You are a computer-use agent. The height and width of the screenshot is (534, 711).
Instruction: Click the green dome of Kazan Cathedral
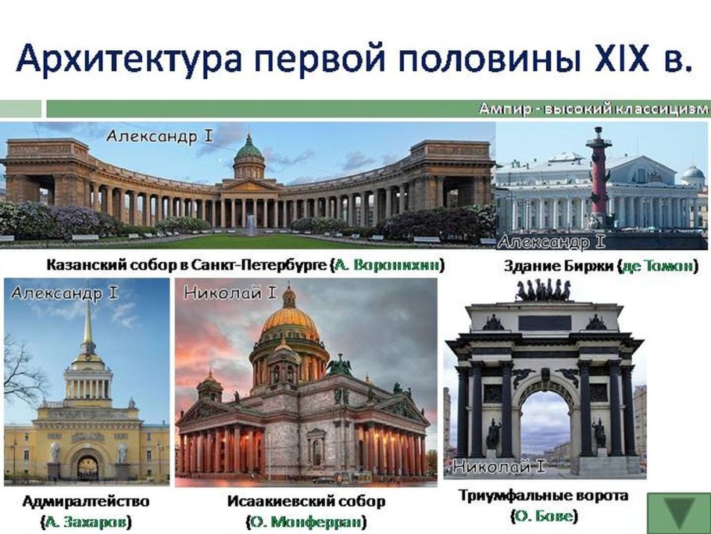tap(249, 148)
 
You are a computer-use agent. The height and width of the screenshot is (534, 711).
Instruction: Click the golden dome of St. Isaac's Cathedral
tap(290, 319)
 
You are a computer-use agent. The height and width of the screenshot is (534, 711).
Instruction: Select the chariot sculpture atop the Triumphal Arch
tap(543, 290)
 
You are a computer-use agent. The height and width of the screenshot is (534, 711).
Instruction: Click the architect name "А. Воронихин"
tap(388, 265)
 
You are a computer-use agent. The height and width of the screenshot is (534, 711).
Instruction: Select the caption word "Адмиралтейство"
tap(86, 500)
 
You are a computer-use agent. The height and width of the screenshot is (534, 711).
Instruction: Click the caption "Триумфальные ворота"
tap(543, 496)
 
